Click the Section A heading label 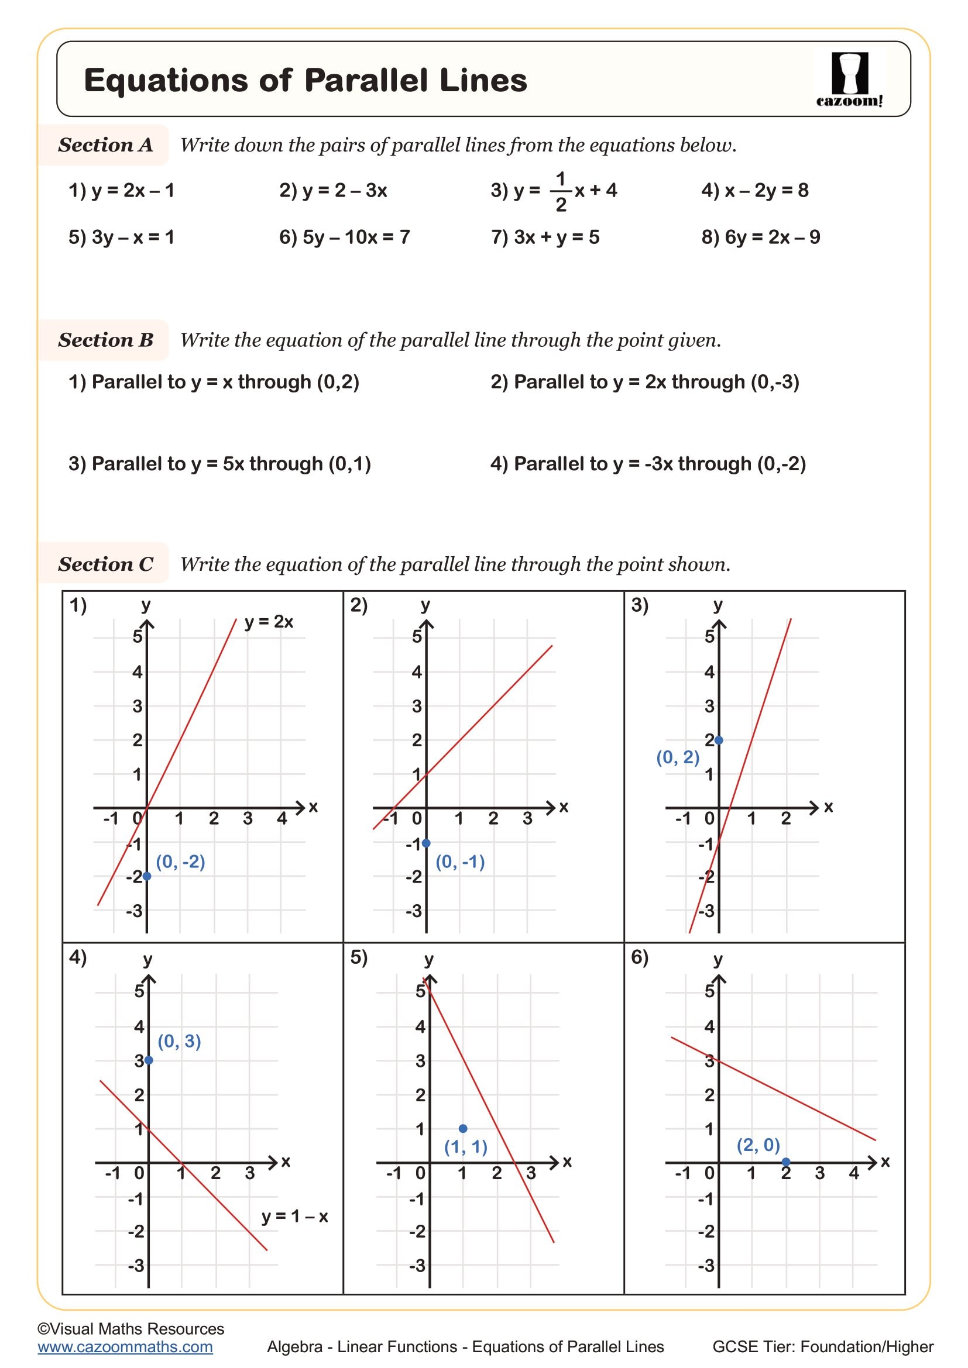[105, 145]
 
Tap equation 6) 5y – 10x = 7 [345, 237]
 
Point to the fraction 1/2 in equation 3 [560, 191]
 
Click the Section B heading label [105, 340]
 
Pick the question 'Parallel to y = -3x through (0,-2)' [648, 464]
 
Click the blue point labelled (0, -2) [147, 876]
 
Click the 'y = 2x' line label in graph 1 [269, 622]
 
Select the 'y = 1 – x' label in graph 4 [294, 1216]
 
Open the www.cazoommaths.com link [125, 1346]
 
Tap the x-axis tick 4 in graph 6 [853, 1173]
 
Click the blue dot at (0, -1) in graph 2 [426, 843]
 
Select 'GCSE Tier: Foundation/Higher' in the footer [822, 1346]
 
